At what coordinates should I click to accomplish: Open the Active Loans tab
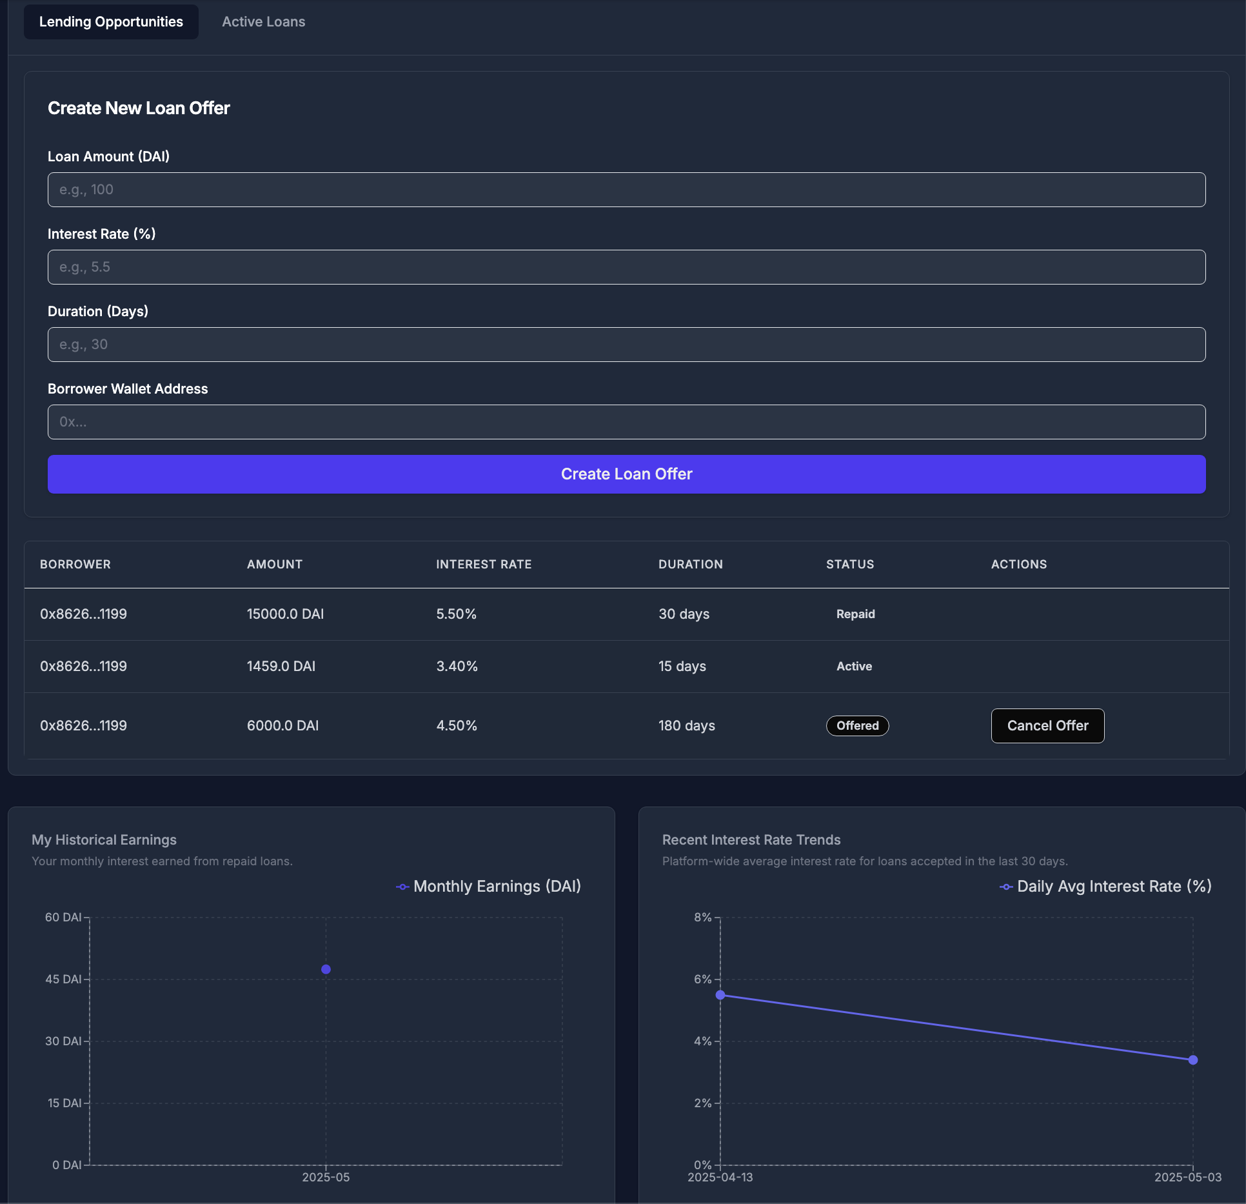point(263,22)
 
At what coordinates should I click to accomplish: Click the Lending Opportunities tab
point(111,22)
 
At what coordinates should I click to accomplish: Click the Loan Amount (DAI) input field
point(626,190)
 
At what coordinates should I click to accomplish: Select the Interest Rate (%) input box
point(626,267)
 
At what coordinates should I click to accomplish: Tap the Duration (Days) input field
point(626,345)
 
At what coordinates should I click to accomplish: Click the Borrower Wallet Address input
point(626,422)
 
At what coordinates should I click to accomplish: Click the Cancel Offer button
point(1047,726)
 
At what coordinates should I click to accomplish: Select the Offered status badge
point(857,726)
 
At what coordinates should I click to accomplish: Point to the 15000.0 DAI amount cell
point(285,614)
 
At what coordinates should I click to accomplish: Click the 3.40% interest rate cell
point(457,667)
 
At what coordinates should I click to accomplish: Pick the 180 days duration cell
point(686,726)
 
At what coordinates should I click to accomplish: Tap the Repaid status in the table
point(855,614)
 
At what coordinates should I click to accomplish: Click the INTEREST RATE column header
point(484,565)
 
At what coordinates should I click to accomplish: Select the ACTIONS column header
point(1018,565)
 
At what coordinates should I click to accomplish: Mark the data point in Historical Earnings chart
point(326,969)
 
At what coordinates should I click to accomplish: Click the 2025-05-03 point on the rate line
point(1192,1060)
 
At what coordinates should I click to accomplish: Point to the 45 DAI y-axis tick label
point(63,979)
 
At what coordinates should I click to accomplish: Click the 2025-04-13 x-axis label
point(720,1178)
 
